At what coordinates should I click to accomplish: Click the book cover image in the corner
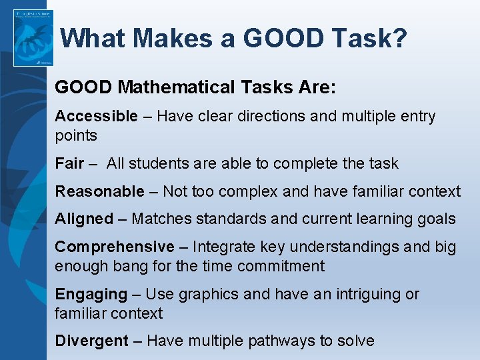tap(33, 38)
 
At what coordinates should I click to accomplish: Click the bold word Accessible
tap(96, 116)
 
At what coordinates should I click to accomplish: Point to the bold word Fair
tap(69, 163)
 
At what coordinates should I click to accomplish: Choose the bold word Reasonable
tap(99, 192)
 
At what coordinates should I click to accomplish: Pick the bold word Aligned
tap(84, 219)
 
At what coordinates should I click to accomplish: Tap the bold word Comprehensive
tap(114, 247)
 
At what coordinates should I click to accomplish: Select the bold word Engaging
tap(91, 294)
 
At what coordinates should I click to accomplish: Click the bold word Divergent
tap(91, 341)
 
